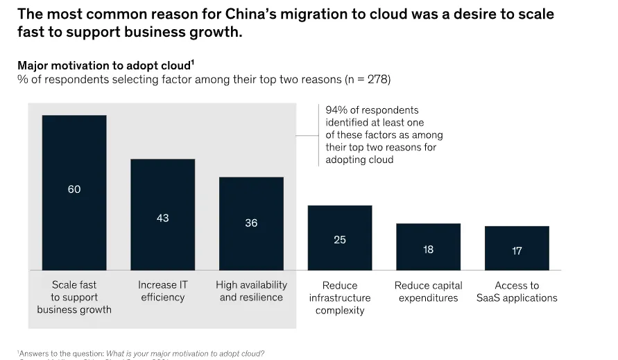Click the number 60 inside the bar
coord(74,189)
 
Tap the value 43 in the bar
coord(163,218)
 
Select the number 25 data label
coord(340,240)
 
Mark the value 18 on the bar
coord(428,249)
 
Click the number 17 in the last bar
coord(517,251)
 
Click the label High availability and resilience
coord(251,291)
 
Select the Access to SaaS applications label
coord(517,291)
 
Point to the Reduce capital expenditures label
coord(428,291)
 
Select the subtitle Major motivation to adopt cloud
coord(104,65)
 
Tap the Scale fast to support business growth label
coord(74,297)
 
